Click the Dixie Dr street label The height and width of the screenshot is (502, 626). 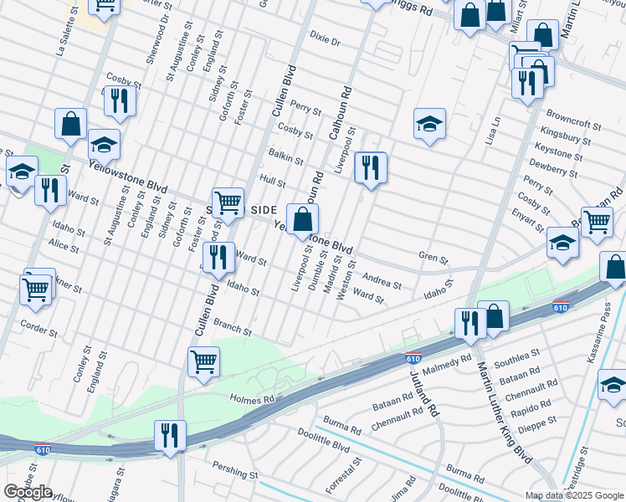pos(326,40)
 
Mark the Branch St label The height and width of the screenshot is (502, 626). pos(233,327)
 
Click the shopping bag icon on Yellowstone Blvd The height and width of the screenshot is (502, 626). pos(303,220)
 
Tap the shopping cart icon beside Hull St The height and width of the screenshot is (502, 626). pos(228,202)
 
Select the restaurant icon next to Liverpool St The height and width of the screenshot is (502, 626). pos(370,167)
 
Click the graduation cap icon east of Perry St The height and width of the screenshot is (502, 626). pos(429,124)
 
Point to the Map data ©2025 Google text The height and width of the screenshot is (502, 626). pos(574,495)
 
